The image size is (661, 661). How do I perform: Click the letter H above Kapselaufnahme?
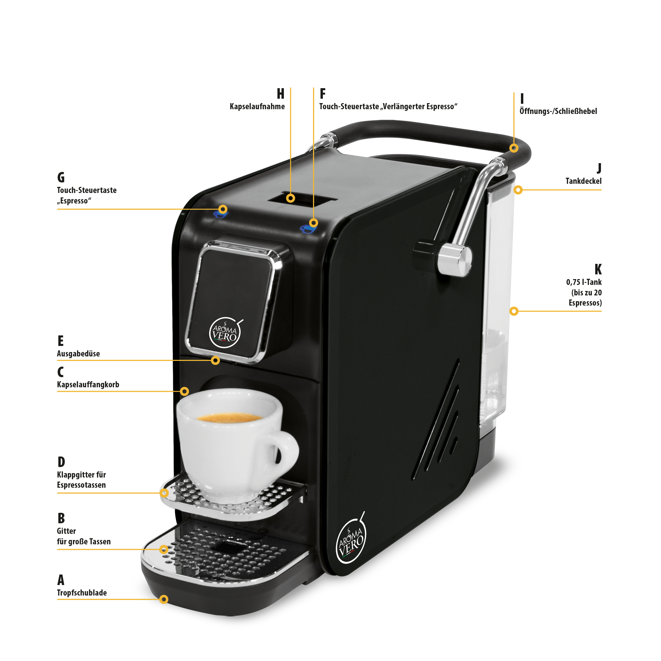coord(280,93)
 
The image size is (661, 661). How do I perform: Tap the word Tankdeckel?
coord(583,181)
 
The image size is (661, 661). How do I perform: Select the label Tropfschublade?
coord(82,592)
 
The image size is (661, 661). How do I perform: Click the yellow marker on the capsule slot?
coord(290,198)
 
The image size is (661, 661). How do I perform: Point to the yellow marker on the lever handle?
coord(513,148)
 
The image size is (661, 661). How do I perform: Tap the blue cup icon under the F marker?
coord(308,229)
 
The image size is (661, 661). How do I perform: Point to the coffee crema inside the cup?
coord(229,417)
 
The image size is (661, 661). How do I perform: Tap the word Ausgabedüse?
coord(78,353)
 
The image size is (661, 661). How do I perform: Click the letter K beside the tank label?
coord(598,270)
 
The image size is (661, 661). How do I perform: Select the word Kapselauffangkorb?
coord(88,384)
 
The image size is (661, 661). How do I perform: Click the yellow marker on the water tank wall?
coord(513,311)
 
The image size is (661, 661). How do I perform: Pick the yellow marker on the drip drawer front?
coord(164,599)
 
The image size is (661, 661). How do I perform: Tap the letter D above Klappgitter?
coord(61,462)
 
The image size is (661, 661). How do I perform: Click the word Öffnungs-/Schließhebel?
coord(558,111)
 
